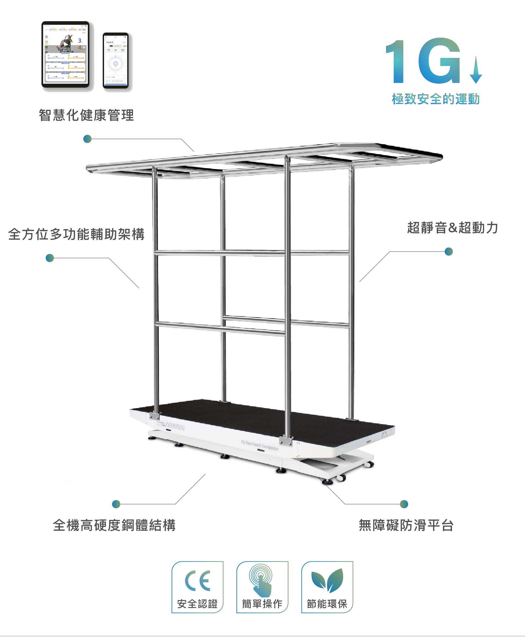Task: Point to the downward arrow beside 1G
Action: click(476, 70)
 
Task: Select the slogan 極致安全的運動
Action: click(436, 99)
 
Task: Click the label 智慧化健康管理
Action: click(86, 115)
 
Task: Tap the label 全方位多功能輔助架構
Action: click(76, 234)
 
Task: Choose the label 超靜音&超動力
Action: click(452, 228)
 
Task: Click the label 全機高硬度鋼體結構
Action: click(114, 525)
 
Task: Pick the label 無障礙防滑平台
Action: click(406, 525)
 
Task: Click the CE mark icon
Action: click(197, 581)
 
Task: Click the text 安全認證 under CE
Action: click(197, 604)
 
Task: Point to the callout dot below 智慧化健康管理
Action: click(87, 139)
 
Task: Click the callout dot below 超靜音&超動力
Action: click(449, 251)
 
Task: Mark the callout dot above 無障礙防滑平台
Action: click(404, 504)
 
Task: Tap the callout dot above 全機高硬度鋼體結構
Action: click(116, 504)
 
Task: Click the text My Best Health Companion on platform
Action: click(260, 445)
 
